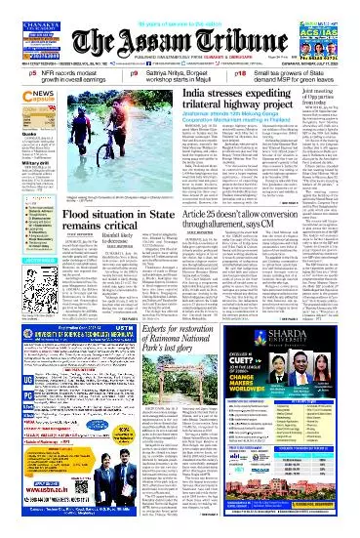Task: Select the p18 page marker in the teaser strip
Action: (x=246, y=72)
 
